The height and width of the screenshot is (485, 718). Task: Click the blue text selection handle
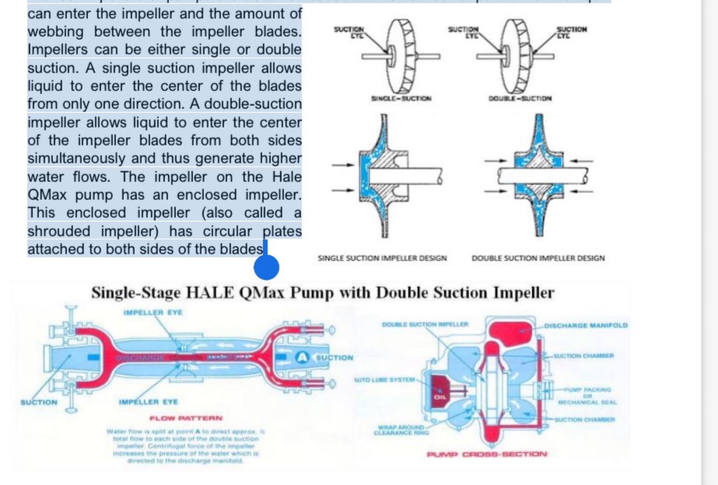coord(266,267)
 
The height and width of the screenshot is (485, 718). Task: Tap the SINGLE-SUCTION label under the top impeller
coord(401,98)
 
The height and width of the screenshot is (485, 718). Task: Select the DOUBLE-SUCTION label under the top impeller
coord(520,98)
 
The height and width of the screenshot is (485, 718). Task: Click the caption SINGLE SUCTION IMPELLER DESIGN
coord(382,258)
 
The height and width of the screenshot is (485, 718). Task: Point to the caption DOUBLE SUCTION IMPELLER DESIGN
coord(538,258)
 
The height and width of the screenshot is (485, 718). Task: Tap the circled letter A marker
coord(303,357)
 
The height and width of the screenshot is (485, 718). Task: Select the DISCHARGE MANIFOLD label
coord(586,325)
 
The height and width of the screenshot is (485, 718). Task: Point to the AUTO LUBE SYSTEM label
coord(384,380)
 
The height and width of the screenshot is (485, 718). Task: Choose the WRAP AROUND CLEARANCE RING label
coord(398,430)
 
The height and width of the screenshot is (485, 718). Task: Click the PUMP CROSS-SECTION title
coord(487,454)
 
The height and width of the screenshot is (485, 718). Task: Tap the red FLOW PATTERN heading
coord(186,418)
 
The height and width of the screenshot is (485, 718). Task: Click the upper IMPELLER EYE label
coord(153,312)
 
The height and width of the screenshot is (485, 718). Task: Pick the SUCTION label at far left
coord(38,402)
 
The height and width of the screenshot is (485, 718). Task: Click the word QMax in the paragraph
coord(49,195)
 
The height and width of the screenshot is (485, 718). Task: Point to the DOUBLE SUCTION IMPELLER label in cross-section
coord(425,324)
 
